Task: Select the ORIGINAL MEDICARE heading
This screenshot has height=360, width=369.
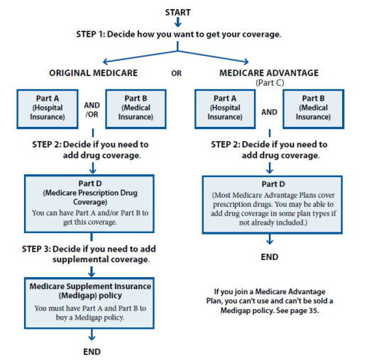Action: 94,72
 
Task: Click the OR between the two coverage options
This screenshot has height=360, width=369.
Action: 177,72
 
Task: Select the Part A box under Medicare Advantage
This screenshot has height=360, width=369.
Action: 224,108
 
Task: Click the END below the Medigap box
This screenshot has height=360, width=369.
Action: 91,351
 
